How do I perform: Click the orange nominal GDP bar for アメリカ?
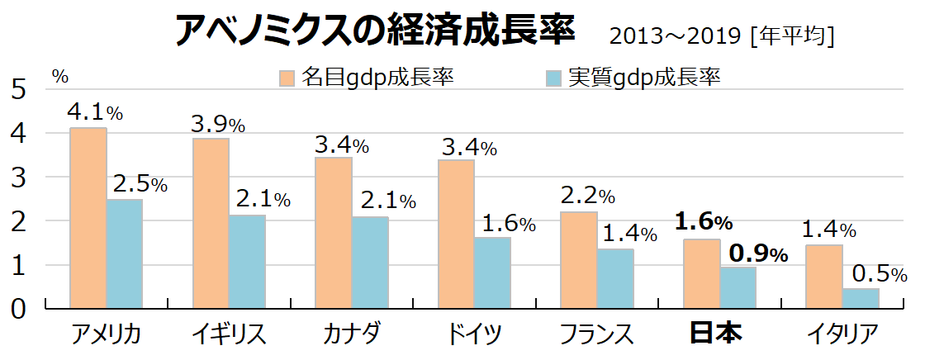click(88, 218)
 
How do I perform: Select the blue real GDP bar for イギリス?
click(247, 262)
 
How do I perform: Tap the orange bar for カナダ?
click(333, 233)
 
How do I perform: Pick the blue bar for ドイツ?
click(492, 273)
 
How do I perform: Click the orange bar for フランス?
click(578, 260)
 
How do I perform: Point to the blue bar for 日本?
click(738, 288)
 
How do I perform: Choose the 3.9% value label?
click(218, 125)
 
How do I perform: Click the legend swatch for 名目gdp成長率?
click(287, 78)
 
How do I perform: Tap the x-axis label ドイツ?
click(474, 334)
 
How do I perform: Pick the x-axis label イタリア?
click(842, 334)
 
